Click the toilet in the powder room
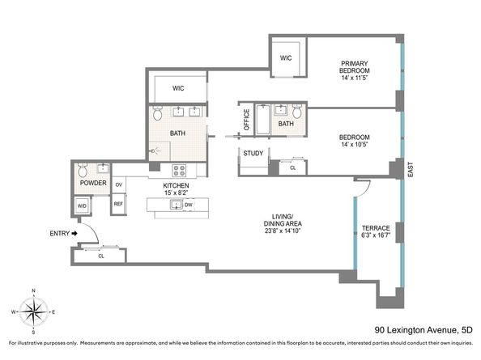[x=83, y=170]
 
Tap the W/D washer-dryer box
[x=82, y=206]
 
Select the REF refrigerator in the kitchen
[x=118, y=204]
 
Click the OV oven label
[x=119, y=184]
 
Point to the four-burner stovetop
[x=179, y=171]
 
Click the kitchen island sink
[x=177, y=205]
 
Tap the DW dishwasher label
[x=189, y=205]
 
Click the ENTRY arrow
[x=74, y=234]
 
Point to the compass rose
[x=34, y=312]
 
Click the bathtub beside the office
[x=263, y=120]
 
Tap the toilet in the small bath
[x=297, y=112]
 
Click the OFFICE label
[x=246, y=120]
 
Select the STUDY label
[x=253, y=153]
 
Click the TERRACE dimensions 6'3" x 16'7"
[x=376, y=235]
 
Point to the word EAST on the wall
[x=411, y=169]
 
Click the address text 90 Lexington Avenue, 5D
[x=424, y=330]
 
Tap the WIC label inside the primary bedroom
[x=286, y=58]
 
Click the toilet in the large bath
[x=158, y=113]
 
